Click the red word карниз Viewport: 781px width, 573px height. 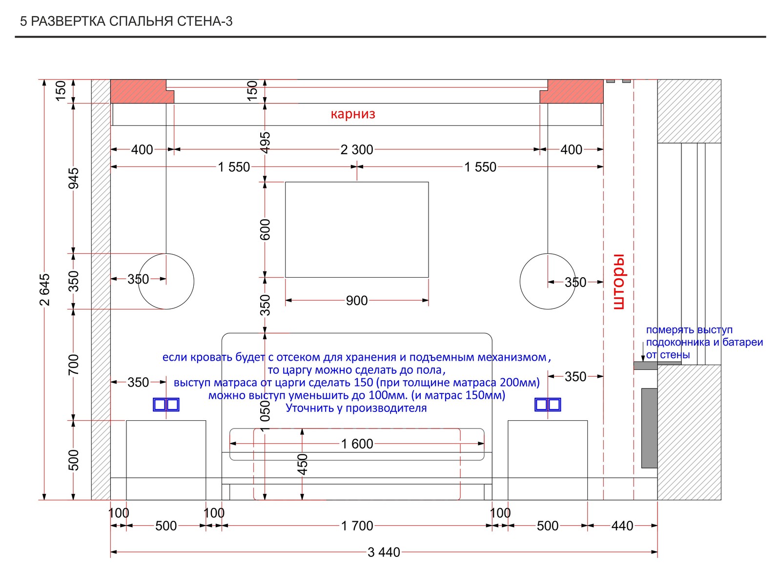[353, 114]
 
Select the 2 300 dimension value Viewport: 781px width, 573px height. [357, 149]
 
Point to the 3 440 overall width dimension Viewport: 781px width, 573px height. [384, 552]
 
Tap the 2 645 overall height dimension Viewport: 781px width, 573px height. [44, 289]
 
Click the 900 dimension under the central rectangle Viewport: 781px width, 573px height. [357, 301]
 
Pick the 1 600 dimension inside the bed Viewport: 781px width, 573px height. [357, 444]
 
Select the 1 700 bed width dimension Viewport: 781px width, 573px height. [357, 526]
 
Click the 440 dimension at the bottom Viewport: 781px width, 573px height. [622, 526]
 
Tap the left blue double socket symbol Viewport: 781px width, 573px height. [166, 405]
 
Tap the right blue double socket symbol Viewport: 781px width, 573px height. [548, 405]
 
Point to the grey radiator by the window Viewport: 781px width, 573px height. [649, 428]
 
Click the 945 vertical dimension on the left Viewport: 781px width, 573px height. [74, 179]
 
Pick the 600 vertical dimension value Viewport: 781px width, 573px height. [265, 229]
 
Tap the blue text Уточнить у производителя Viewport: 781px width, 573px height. [356, 408]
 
